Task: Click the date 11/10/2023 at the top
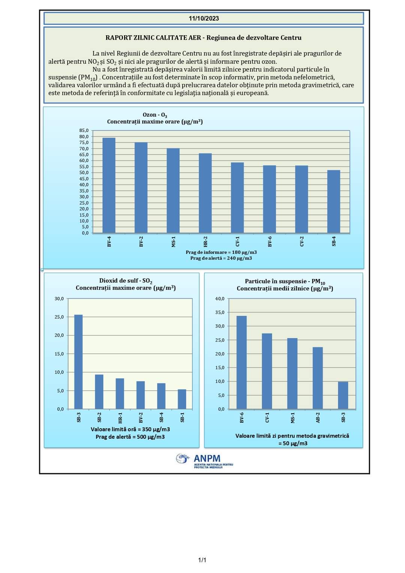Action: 204,18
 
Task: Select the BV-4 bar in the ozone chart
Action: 109,185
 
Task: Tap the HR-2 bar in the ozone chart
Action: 205,193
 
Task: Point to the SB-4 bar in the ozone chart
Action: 333,201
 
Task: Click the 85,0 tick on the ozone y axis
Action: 84,130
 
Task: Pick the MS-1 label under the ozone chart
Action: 173,241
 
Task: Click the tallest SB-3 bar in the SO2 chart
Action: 78,361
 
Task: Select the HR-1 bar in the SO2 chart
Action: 120,393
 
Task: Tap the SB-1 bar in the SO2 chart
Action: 182,399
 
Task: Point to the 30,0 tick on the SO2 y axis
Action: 59,298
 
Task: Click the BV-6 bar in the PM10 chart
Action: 241,362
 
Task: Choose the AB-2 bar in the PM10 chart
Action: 318,378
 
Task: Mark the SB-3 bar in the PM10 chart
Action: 343,395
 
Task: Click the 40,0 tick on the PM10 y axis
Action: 220,298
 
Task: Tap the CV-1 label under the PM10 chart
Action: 267,417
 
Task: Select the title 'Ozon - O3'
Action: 154,115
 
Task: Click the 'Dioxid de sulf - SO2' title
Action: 126,280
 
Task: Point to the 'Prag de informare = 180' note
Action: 221,252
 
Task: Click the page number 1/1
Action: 202,560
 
